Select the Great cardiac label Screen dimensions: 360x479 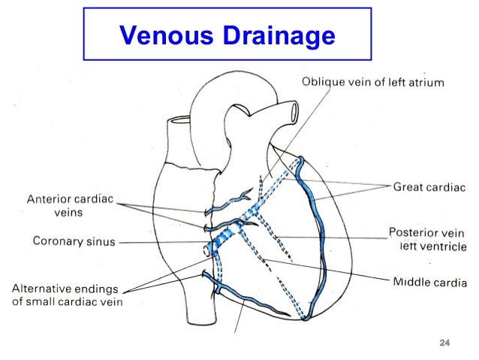pos(429,185)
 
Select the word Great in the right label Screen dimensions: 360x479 pos(408,185)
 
